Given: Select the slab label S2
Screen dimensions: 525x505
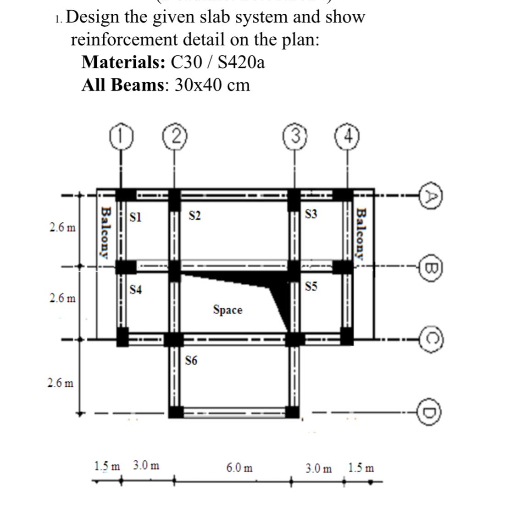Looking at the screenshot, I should [195, 215].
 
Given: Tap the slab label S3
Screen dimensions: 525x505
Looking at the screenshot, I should [311, 214].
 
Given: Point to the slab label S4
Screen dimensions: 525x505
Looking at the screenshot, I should [136, 289].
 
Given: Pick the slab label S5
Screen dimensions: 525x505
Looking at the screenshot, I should [311, 287].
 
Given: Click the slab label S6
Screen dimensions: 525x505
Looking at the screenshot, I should [192, 361].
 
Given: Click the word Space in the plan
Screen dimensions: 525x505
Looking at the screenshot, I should [228, 310].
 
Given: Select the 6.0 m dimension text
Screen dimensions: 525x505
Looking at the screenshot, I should [239, 468].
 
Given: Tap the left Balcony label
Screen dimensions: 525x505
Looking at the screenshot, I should [105, 233].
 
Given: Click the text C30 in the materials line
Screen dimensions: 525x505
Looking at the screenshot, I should [185, 62].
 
